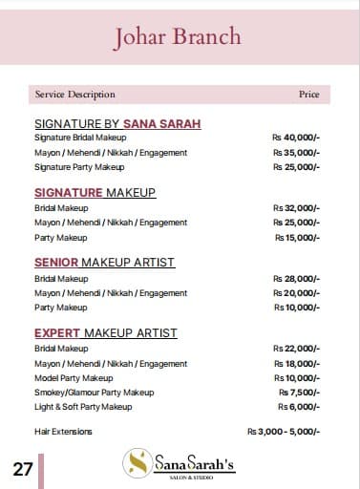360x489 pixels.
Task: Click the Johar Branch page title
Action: pyautogui.click(x=178, y=37)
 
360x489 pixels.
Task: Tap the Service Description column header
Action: pyautogui.click(x=74, y=95)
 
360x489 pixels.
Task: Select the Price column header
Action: pyautogui.click(x=308, y=95)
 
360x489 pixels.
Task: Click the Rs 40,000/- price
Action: pyautogui.click(x=296, y=138)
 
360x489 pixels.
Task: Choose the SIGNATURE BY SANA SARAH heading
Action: pyautogui.click(x=117, y=123)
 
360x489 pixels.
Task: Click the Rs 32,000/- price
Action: pyautogui.click(x=296, y=207)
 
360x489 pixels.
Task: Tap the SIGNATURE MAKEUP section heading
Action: pyautogui.click(x=95, y=193)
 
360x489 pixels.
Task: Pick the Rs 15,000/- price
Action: pyautogui.click(x=297, y=238)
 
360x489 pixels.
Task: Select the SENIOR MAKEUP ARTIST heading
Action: pyautogui.click(x=104, y=262)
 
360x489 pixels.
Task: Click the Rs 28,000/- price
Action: pyautogui.click(x=296, y=278)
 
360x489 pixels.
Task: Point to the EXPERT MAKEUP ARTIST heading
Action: pyautogui.click(x=105, y=333)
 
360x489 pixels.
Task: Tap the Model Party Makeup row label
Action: pyautogui.click(x=74, y=378)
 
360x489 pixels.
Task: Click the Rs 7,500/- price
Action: pyautogui.click(x=299, y=393)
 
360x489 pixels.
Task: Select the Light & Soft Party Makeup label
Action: pyautogui.click(x=83, y=407)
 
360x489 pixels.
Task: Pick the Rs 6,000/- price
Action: pyautogui.click(x=299, y=407)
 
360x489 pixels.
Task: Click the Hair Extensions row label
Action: pyautogui.click(x=63, y=432)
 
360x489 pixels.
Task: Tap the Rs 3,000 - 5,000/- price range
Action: pyautogui.click(x=284, y=432)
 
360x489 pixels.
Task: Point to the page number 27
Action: pyautogui.click(x=23, y=469)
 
